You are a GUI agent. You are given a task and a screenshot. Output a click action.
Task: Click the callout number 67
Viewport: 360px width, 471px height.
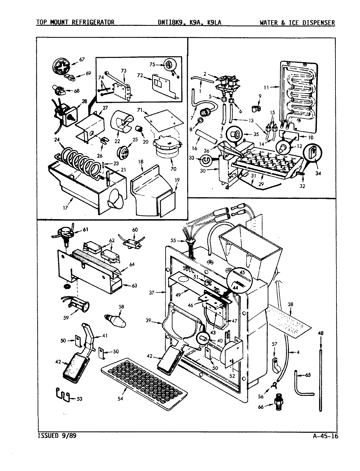tap(81, 59)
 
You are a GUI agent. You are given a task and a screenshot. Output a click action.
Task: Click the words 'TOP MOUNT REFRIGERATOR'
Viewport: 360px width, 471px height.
tap(75, 22)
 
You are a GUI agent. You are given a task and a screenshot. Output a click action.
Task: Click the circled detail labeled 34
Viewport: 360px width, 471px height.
tap(313, 153)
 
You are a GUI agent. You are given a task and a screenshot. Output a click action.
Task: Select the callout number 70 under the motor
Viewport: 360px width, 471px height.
tap(173, 169)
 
